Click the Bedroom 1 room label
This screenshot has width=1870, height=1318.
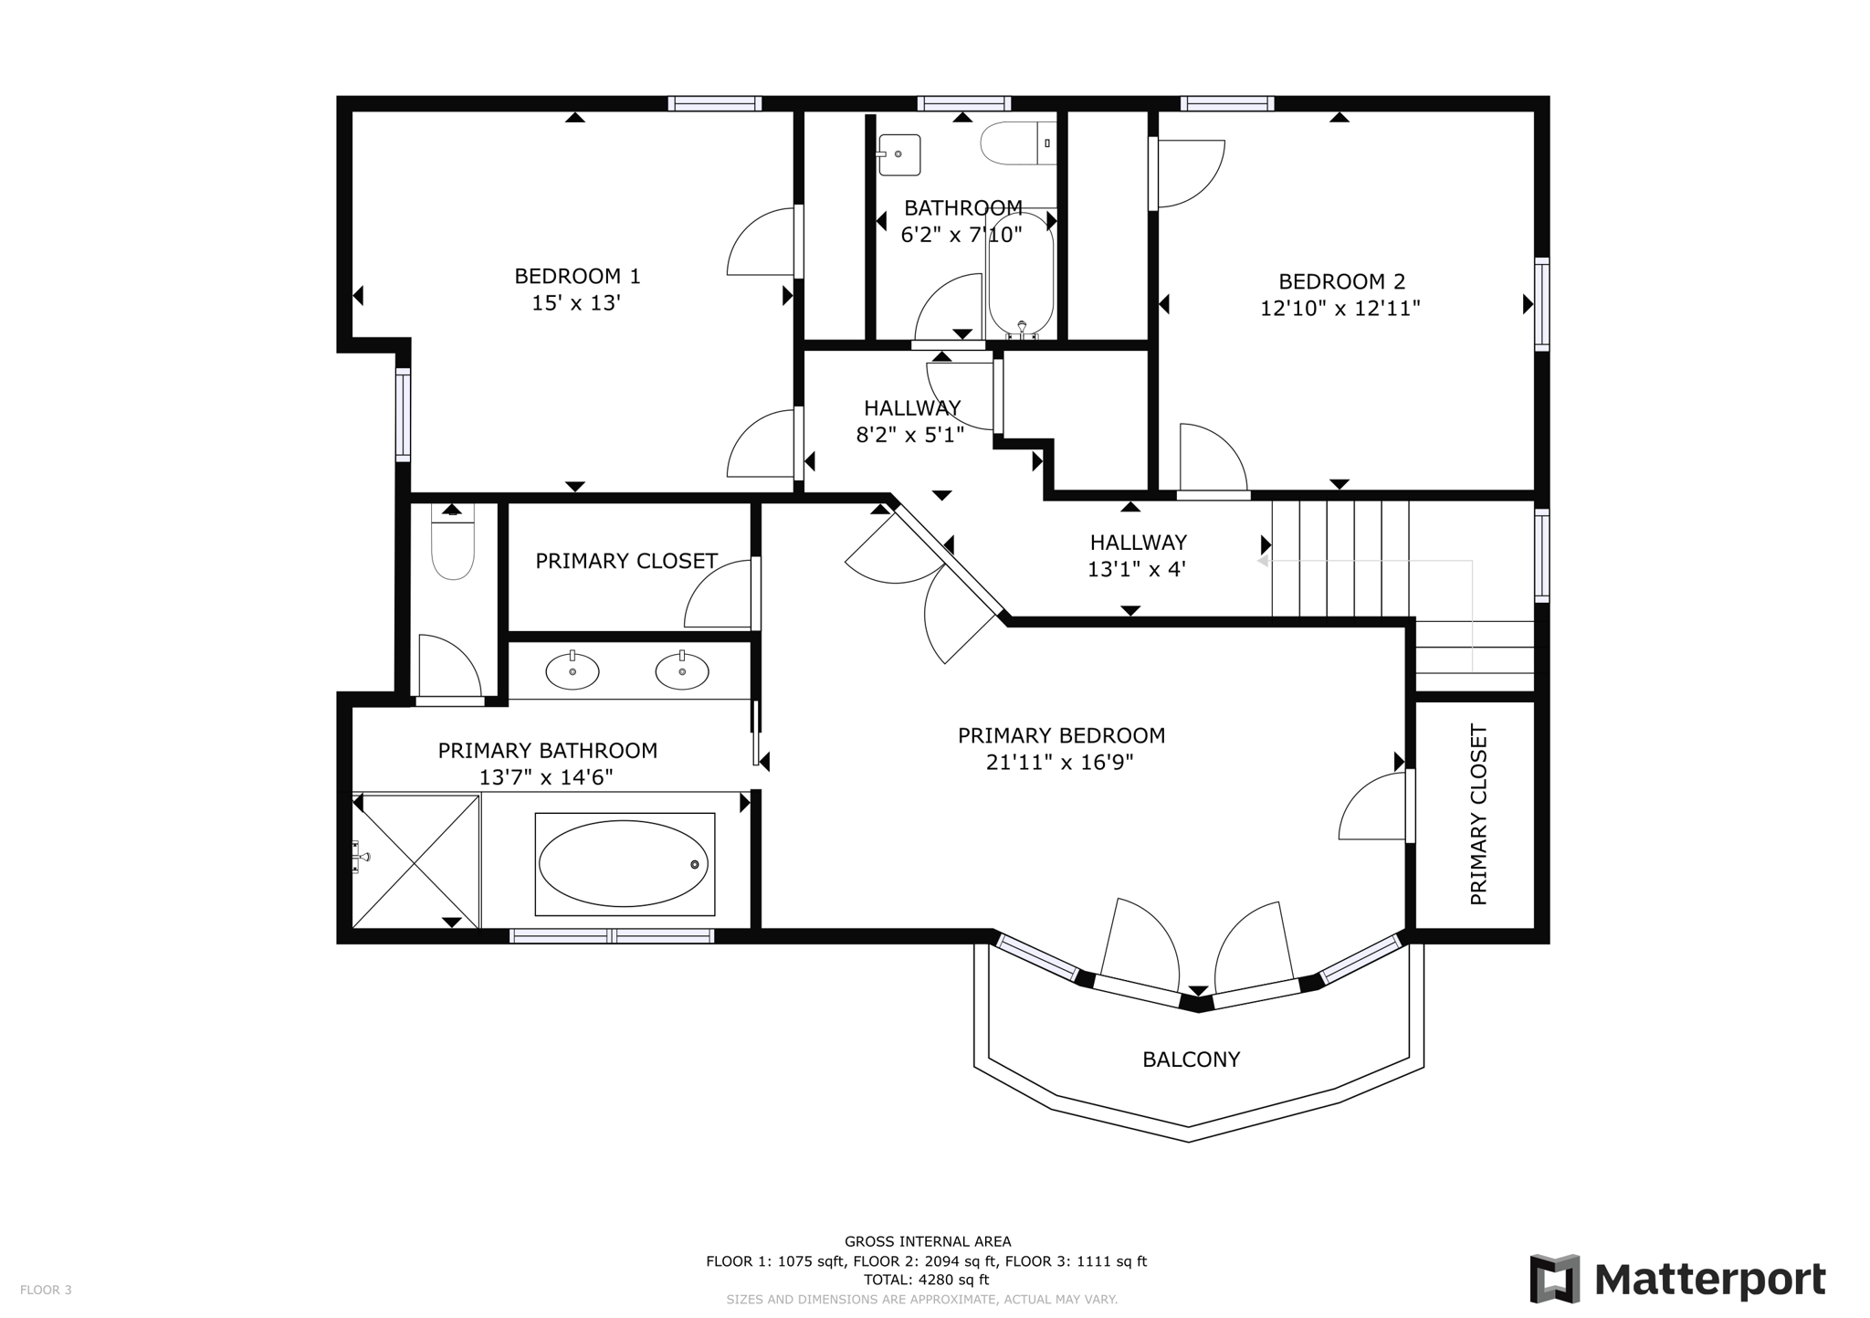(577, 276)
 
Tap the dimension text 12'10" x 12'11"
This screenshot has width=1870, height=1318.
(1339, 309)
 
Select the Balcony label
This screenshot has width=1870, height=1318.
(1191, 1060)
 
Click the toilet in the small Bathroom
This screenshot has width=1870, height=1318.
(1016, 143)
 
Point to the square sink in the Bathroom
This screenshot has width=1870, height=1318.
(898, 154)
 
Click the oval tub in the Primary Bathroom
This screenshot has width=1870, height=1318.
(624, 863)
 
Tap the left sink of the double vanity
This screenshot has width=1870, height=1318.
(573, 671)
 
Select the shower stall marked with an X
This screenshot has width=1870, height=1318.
(415, 861)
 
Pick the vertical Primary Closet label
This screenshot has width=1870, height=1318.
(1478, 815)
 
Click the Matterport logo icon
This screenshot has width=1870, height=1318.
(1554, 1279)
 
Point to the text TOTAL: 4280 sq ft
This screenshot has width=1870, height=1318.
(927, 1280)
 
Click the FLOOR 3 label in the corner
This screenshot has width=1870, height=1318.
(46, 1290)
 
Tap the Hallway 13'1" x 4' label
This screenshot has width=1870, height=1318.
(1137, 555)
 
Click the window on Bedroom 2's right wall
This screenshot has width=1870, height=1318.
(1541, 304)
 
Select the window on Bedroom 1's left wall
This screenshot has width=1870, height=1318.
(403, 414)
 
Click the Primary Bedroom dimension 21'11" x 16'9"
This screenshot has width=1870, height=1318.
(1059, 763)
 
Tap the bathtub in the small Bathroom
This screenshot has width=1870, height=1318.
(1021, 274)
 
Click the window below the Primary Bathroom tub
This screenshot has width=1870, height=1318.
(612, 935)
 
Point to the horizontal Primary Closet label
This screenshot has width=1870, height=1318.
(626, 561)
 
